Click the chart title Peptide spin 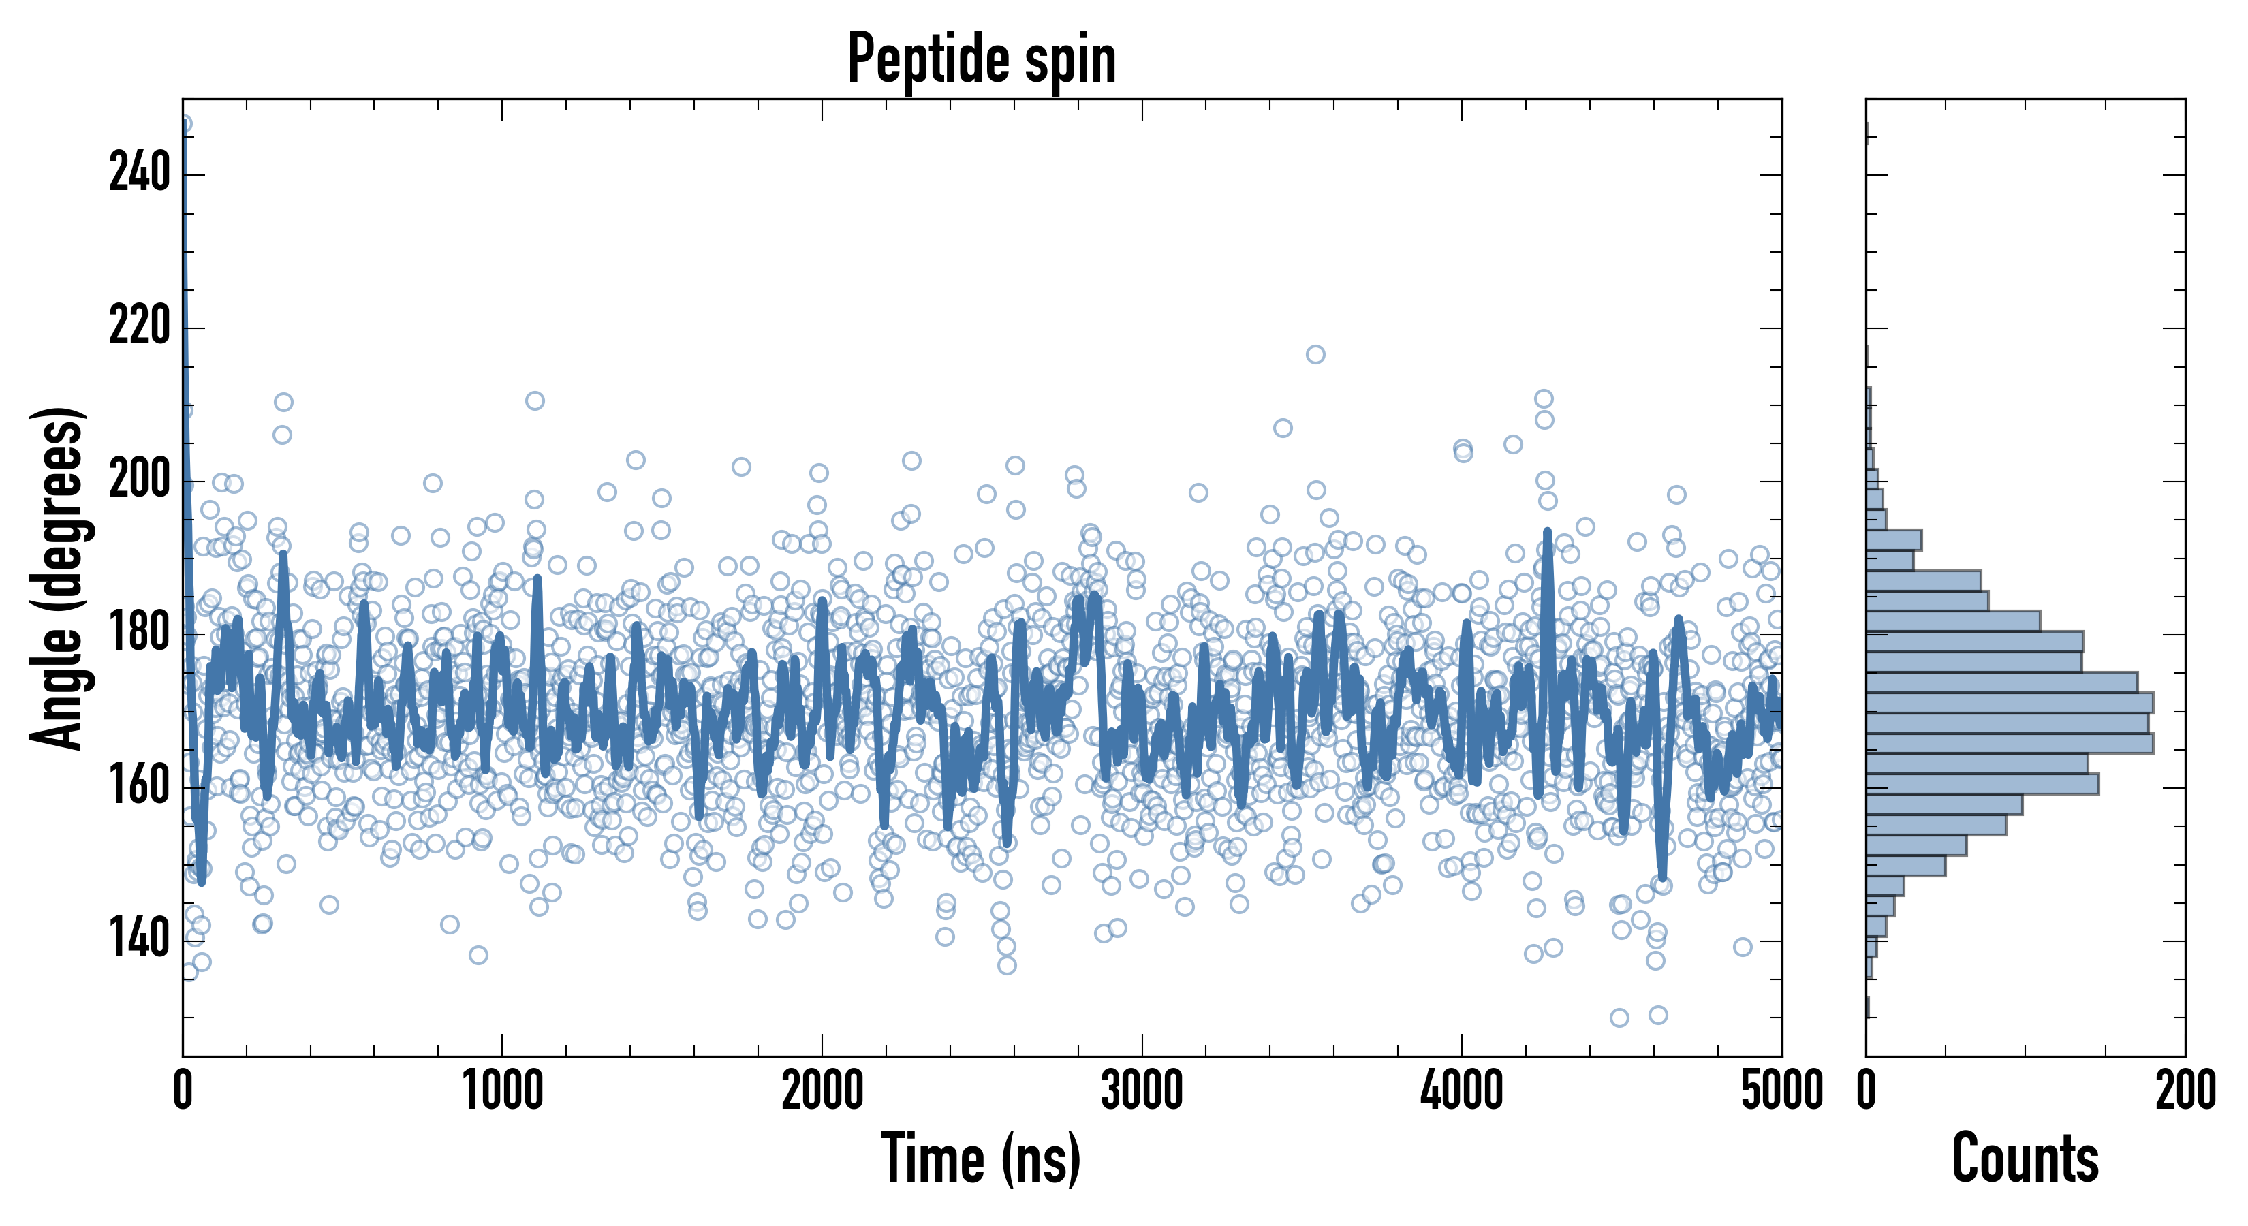coord(982,59)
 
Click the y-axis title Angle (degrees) coord(58,578)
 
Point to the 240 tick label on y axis coord(139,174)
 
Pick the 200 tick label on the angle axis coord(139,481)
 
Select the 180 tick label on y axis coord(139,634)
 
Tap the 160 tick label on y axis coord(139,787)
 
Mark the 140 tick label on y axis coord(139,941)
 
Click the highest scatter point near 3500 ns coord(1315,354)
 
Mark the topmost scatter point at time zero coord(183,125)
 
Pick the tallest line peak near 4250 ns coord(1547,531)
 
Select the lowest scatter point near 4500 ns coord(1619,1018)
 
